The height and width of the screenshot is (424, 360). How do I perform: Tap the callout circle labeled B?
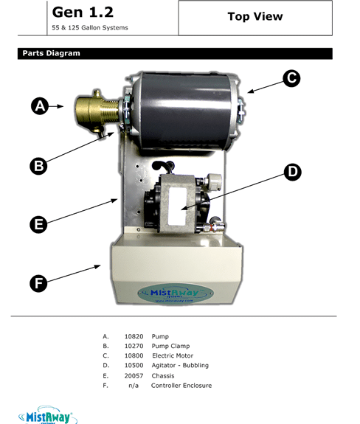39,166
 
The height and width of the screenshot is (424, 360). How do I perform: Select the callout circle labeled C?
292,77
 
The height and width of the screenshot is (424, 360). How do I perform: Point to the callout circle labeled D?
293,172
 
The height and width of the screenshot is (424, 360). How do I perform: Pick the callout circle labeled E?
39,223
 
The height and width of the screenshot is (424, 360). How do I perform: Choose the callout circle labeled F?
39,282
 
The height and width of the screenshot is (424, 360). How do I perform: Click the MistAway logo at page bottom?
47,414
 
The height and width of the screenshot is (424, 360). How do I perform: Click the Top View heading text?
255,17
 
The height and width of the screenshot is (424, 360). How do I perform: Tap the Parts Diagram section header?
51,54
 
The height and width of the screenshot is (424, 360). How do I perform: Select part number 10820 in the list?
134,336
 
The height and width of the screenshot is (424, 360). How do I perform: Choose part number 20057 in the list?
134,375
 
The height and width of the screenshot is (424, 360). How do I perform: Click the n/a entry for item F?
134,385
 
